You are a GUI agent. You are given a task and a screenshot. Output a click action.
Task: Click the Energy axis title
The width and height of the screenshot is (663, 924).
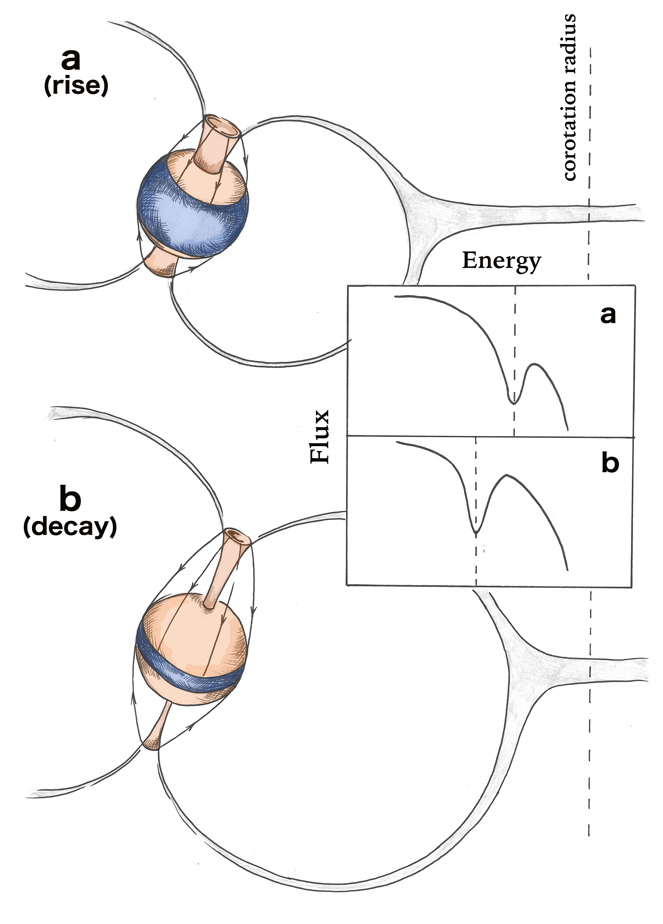pyautogui.click(x=501, y=261)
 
